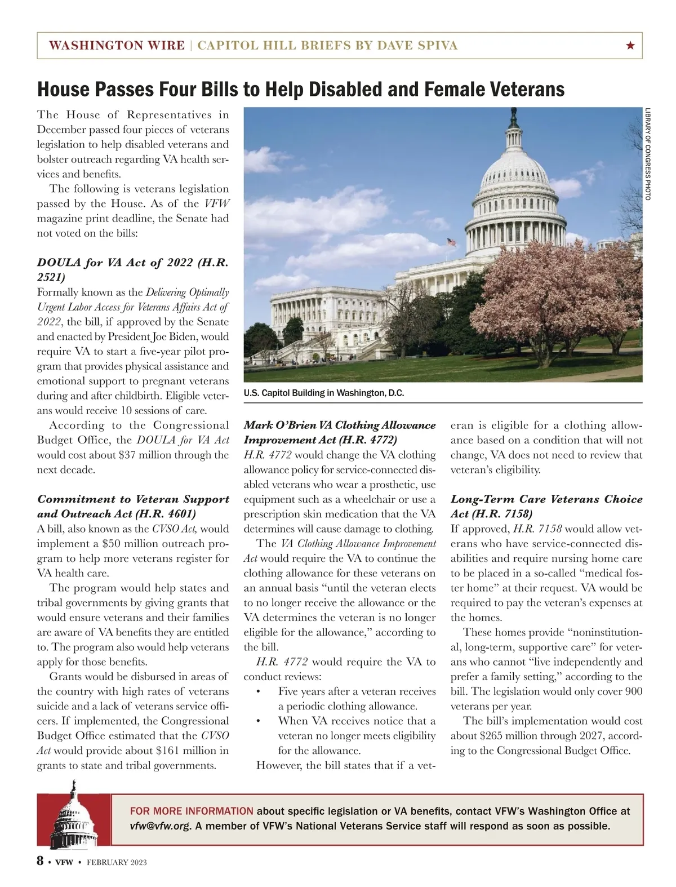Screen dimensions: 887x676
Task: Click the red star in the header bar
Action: tap(630, 46)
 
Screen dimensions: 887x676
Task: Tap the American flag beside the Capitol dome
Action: tap(451, 242)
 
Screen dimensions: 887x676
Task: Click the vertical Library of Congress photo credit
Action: tap(648, 154)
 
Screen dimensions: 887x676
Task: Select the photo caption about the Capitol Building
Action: tap(324, 393)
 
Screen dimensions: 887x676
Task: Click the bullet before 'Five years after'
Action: tap(258, 691)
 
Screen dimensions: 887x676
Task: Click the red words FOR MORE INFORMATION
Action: tap(192, 811)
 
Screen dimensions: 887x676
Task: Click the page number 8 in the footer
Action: tap(41, 861)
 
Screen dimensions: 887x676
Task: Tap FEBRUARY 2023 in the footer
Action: tap(117, 862)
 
